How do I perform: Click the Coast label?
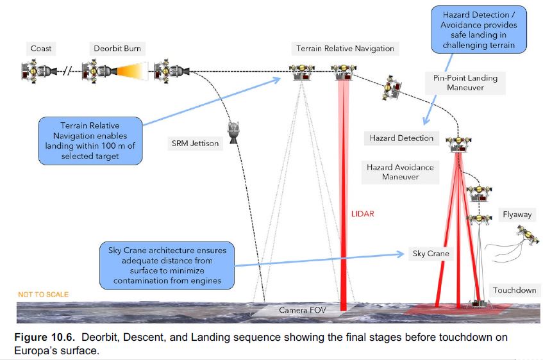pyautogui.click(x=40, y=48)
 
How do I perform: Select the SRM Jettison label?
pyautogui.click(x=194, y=143)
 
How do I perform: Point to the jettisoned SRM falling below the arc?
pyautogui.click(x=233, y=133)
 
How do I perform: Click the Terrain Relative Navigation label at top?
pyautogui.click(x=345, y=49)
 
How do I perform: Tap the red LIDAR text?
pyautogui.click(x=363, y=213)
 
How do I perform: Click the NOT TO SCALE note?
pyautogui.click(x=43, y=295)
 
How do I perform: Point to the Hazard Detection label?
pyautogui.click(x=401, y=138)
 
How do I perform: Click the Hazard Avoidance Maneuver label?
pyautogui.click(x=399, y=172)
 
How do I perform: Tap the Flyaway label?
pyautogui.click(x=517, y=215)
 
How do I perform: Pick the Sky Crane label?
pyautogui.click(x=430, y=254)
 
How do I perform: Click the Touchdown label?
pyautogui.click(x=514, y=290)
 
